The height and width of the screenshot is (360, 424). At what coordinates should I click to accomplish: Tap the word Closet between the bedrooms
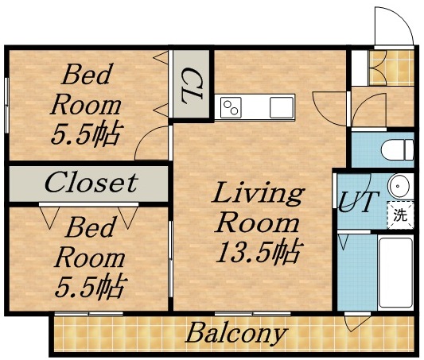(90, 182)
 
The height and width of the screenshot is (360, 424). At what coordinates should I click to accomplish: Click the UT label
(355, 203)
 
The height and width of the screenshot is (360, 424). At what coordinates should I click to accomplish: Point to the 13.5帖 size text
(257, 252)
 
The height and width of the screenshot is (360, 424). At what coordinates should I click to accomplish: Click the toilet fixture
(395, 149)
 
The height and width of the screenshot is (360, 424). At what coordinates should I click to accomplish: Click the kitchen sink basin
(281, 106)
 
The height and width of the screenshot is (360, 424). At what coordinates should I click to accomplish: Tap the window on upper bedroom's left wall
(7, 103)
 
